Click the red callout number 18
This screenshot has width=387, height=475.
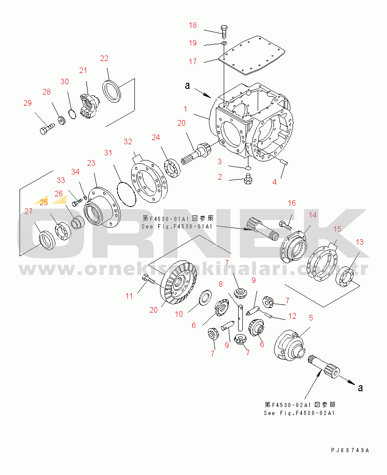click(x=193, y=25)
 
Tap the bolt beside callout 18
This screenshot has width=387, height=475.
click(x=224, y=31)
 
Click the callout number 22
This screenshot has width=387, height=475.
click(x=104, y=58)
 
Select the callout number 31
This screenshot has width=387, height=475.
click(x=108, y=153)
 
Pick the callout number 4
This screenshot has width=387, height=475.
click(x=274, y=182)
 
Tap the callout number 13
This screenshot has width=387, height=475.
click(x=360, y=242)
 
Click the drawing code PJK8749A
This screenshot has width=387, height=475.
click(x=350, y=450)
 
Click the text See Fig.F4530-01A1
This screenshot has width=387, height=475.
click(x=177, y=227)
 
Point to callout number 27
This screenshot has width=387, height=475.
click(x=28, y=211)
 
